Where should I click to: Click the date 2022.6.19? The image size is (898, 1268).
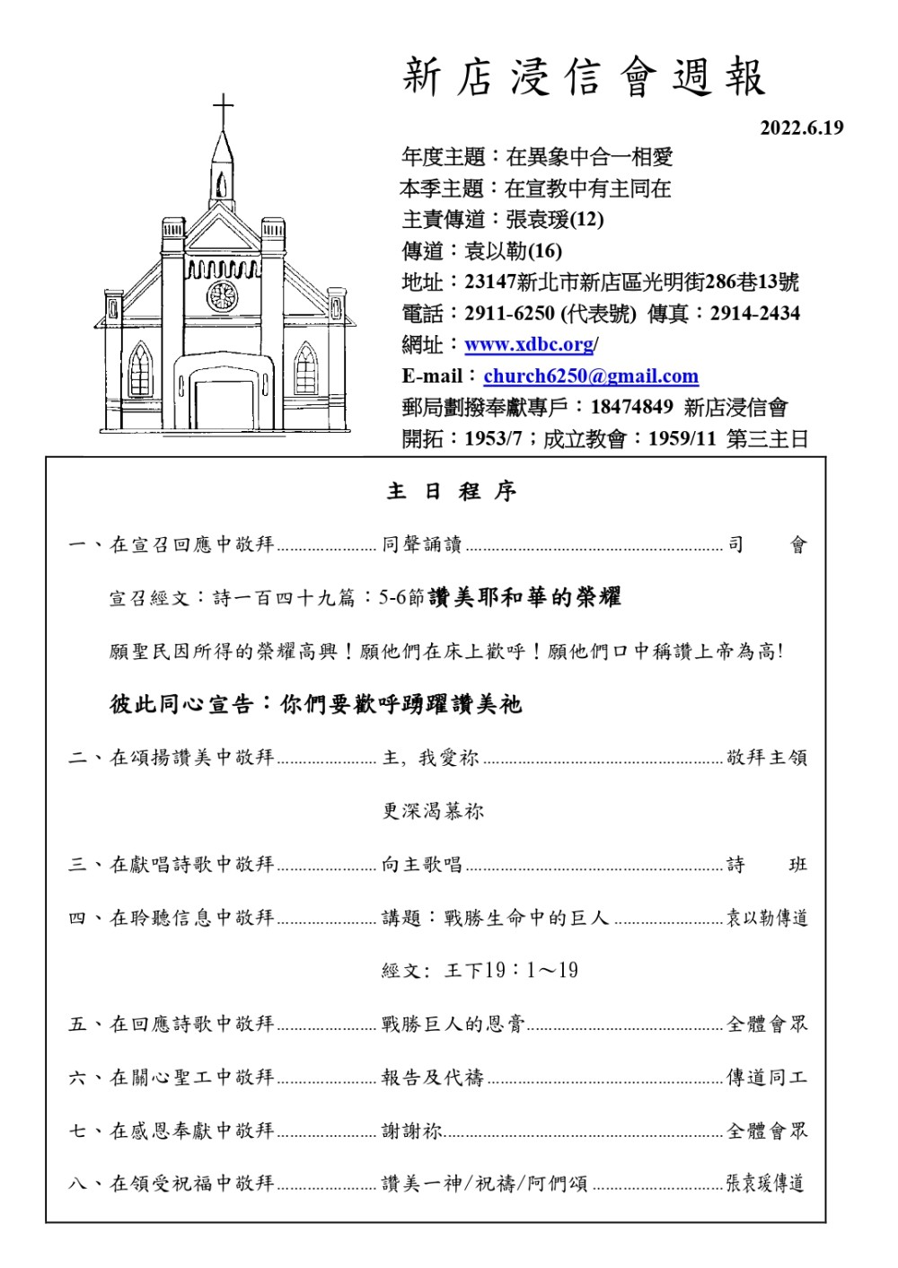802,128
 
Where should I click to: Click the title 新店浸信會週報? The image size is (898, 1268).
585,76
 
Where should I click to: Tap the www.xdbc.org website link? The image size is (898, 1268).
529,345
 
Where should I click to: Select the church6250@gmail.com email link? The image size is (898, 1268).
591,376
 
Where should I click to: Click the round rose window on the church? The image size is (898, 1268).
222,295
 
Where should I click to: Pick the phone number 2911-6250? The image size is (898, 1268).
509,313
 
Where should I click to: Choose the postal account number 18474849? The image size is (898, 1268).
631,407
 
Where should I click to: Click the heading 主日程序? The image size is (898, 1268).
452,491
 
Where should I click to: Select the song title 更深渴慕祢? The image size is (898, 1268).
433,811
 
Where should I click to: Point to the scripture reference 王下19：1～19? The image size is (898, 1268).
511,971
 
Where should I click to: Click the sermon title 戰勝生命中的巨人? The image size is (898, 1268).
526,918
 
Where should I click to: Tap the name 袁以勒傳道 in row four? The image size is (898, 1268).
766,918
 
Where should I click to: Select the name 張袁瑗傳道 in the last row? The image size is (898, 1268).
764,1184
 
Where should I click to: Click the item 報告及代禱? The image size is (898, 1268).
433,1078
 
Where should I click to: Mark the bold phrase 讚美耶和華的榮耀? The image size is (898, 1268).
524,597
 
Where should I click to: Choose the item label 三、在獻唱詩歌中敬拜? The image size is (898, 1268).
172,865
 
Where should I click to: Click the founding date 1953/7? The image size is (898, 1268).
493,439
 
